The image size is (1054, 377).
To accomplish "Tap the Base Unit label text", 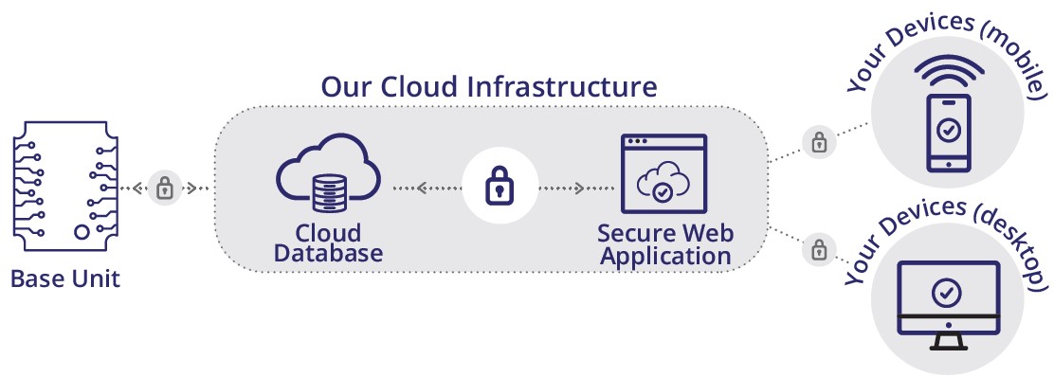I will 65,281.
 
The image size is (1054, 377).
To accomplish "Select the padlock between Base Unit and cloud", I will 165,188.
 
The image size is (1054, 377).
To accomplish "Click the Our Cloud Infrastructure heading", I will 488,87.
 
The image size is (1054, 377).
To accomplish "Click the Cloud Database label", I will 328,243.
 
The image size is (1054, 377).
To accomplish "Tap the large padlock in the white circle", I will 500,187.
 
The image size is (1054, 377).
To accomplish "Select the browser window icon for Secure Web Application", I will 663,174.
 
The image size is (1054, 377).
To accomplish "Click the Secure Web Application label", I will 664,244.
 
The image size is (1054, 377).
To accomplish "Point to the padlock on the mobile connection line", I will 818,142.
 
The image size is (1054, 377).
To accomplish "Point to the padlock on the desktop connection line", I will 817,251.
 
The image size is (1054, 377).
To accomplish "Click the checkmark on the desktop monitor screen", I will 946,292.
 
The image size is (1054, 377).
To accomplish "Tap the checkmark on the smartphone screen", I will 949,129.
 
